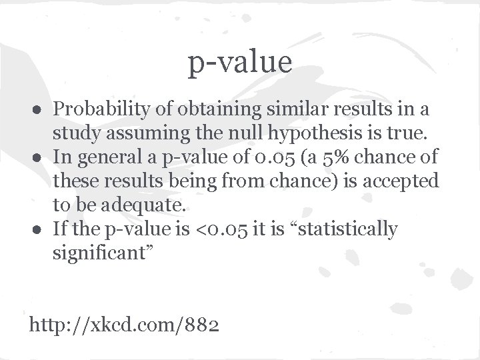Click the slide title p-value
tap(240, 63)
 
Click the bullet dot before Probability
tap(41, 109)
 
